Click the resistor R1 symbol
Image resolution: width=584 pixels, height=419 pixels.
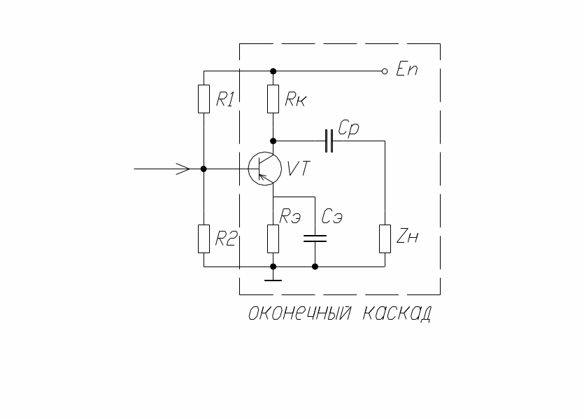click(x=204, y=99)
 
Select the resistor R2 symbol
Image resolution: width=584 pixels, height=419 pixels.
click(x=204, y=239)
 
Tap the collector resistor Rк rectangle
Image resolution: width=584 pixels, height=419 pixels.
click(x=273, y=99)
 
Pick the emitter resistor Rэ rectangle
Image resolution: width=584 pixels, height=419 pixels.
click(x=273, y=238)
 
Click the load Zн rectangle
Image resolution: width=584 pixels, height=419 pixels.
click(x=385, y=238)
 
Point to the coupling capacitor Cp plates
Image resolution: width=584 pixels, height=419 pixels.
click(x=329, y=141)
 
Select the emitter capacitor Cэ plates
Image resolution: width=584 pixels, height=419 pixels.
click(x=315, y=239)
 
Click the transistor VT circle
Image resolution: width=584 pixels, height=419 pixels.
click(x=265, y=169)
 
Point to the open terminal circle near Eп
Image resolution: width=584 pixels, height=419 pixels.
click(x=385, y=71)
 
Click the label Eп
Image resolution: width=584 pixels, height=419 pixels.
click(x=406, y=70)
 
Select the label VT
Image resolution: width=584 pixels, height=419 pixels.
click(x=299, y=169)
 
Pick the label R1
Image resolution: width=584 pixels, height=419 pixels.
click(x=225, y=99)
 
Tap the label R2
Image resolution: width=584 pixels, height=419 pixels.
click(x=225, y=239)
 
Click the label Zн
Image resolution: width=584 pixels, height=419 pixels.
click(x=407, y=238)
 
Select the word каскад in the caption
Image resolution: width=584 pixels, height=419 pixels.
click(x=395, y=313)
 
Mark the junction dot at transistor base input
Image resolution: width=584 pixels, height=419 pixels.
click(x=204, y=169)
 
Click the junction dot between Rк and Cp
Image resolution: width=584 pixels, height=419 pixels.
click(x=273, y=141)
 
